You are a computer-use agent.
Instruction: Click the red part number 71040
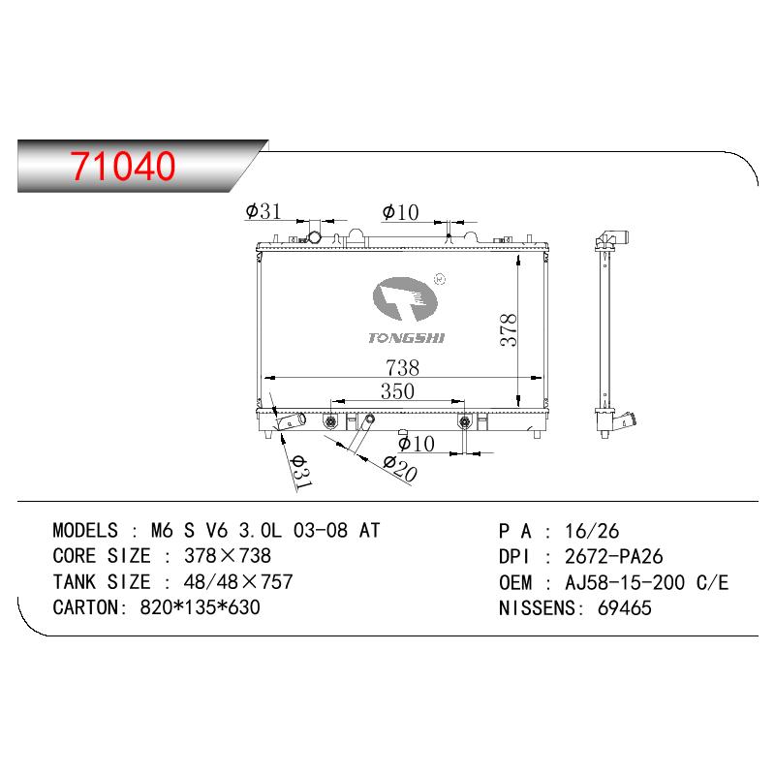[123, 166]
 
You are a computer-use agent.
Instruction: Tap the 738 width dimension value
[402, 368]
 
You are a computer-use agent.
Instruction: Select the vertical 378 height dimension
[508, 329]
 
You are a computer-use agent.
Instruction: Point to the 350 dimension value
[397, 391]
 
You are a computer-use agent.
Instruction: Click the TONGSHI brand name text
[406, 338]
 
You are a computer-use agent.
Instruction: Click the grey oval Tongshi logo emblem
[405, 299]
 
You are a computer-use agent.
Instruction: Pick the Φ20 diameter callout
[400, 469]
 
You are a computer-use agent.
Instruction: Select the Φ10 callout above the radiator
[400, 212]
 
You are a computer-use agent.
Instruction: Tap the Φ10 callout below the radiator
[417, 444]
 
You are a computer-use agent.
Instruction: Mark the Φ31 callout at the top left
[263, 211]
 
